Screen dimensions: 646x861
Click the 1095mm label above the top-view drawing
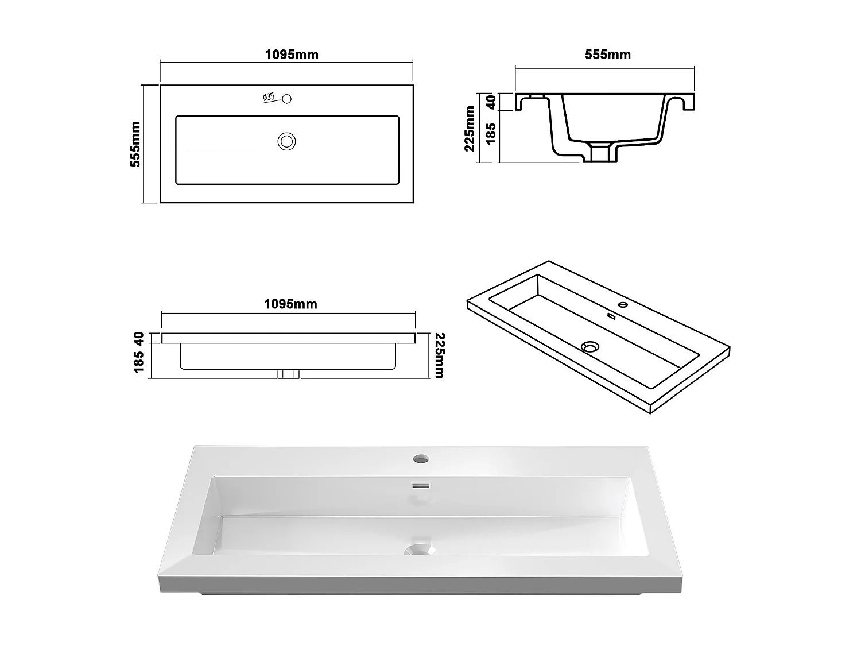coord(291,55)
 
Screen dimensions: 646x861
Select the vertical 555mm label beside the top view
coord(135,144)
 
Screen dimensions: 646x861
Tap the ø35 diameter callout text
coord(269,98)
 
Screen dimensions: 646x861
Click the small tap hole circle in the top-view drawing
coord(287,99)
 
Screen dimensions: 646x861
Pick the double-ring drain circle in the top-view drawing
coord(286,141)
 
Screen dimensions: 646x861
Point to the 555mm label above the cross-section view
coord(607,55)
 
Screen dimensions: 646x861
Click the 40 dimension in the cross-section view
coord(491,102)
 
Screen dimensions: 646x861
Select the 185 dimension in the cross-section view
coord(491,133)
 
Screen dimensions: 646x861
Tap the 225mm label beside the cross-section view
coord(470,129)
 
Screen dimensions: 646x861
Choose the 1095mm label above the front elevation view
coord(290,304)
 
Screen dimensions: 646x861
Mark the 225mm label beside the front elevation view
coord(439,355)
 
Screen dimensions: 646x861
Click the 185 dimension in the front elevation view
coord(138,362)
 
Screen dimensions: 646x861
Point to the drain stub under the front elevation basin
coord(288,374)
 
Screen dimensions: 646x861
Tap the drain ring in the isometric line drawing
coord(589,347)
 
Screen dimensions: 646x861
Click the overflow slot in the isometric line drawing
coord(611,316)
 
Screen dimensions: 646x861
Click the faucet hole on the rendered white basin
coord(421,459)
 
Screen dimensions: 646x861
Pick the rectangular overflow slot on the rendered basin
coord(421,485)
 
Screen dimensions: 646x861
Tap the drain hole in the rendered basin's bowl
coord(420,550)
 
